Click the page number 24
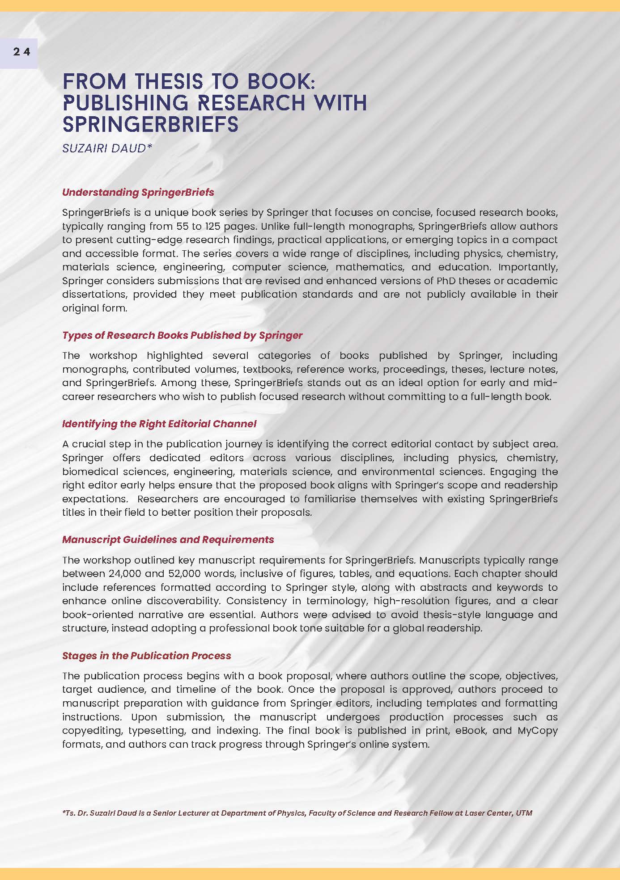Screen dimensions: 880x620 [21, 52]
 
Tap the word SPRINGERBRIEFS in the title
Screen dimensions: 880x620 [151, 124]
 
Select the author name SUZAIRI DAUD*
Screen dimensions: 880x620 [107, 148]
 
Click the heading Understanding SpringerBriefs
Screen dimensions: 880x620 [138, 192]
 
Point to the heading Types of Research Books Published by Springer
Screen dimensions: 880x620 [182, 335]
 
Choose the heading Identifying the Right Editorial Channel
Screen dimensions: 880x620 [159, 424]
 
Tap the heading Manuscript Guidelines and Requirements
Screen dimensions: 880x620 [168, 539]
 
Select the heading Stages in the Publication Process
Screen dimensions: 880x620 [146, 656]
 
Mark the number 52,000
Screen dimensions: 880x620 [185, 573]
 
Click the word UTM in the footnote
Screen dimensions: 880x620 [524, 813]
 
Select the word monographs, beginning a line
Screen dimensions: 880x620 [95, 369]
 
